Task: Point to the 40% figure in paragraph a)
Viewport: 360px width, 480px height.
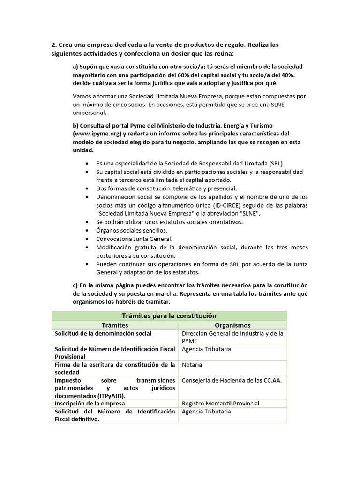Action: tap(288, 75)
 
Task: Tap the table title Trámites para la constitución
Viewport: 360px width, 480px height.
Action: tap(169, 315)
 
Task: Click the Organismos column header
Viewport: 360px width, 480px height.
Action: tap(232, 325)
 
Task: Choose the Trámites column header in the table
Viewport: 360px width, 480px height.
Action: tap(115, 325)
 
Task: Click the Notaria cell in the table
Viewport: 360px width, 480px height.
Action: tap(192, 364)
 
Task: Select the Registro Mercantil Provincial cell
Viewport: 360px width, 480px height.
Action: tap(220, 403)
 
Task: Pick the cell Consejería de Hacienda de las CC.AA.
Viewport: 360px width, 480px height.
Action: tap(232, 380)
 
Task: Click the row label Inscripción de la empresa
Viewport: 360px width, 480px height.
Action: tap(90, 403)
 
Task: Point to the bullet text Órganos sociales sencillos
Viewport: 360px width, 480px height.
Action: tap(132, 230)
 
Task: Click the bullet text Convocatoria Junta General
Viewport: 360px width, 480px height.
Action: tap(135, 239)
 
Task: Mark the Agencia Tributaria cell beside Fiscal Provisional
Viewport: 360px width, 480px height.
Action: tap(207, 349)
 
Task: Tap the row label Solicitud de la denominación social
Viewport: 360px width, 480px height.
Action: tap(103, 333)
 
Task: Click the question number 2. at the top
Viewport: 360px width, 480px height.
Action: tap(54, 45)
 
